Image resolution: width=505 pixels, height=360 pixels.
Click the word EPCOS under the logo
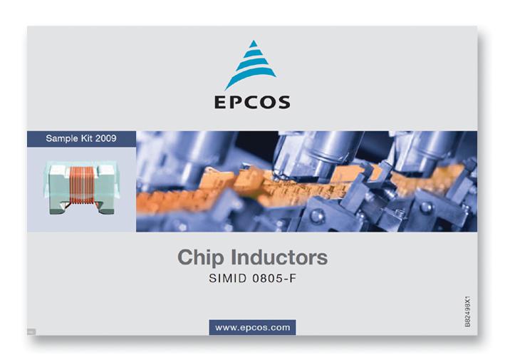point(252,102)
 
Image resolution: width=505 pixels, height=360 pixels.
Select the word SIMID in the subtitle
point(227,279)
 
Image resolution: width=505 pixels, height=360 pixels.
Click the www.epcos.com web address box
point(252,327)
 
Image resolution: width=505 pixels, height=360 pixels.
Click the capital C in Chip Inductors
point(184,257)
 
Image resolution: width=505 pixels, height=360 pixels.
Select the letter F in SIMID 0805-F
point(291,279)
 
